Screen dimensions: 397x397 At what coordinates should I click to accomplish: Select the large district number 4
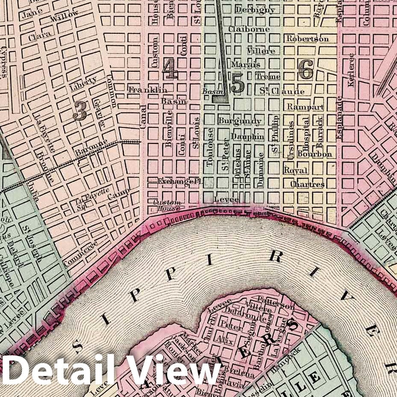pyautogui.click(x=170, y=69)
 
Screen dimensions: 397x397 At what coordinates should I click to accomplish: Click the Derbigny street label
pyautogui.click(x=255, y=10)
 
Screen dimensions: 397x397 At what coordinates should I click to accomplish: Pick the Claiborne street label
pyautogui.click(x=249, y=29)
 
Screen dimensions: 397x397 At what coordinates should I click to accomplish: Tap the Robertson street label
pyautogui.click(x=308, y=39)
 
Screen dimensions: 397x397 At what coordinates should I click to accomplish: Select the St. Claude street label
pyautogui.click(x=282, y=91)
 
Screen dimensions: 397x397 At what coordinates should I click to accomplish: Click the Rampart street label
pyautogui.click(x=305, y=107)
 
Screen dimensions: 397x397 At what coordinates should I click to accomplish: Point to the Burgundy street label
pyautogui.click(x=239, y=121)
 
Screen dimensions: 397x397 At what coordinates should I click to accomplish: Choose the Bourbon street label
pyautogui.click(x=315, y=154)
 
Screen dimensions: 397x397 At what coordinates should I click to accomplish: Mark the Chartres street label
pyautogui.click(x=307, y=185)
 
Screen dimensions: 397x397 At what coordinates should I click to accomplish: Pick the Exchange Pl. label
pyautogui.click(x=179, y=181)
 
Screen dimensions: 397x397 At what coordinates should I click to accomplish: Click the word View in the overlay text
pyautogui.click(x=175, y=370)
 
